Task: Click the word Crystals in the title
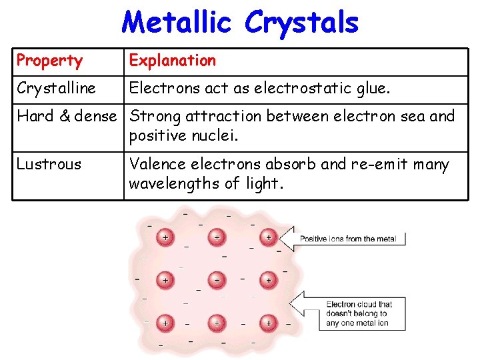302,23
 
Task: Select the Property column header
49,61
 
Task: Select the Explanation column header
173,61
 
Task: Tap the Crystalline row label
57,88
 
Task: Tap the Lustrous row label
49,164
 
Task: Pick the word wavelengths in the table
172,183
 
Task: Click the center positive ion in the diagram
216,280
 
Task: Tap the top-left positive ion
165,237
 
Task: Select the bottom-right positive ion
268,323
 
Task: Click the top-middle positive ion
216,237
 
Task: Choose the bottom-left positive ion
165,323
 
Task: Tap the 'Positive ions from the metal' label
347,239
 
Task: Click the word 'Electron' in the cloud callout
341,305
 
